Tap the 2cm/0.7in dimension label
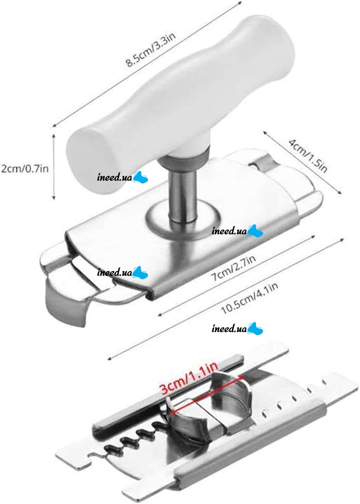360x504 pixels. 25,168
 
